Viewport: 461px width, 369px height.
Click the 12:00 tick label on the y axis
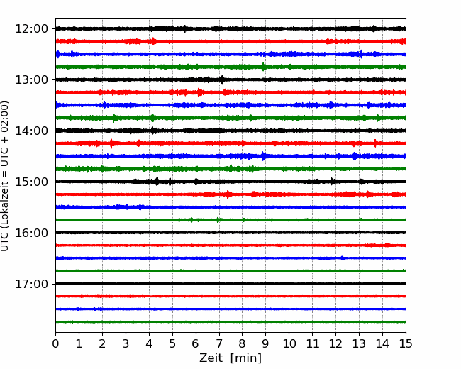[x=31, y=29]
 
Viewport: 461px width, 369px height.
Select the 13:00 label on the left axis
[x=31, y=79]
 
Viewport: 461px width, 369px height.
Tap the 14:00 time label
[x=31, y=131]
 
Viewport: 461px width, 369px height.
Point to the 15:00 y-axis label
[x=31, y=182]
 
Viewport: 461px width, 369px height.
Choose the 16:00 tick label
[x=31, y=233]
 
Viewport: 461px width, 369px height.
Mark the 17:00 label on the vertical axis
[x=31, y=284]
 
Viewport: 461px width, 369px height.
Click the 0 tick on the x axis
[x=55, y=343]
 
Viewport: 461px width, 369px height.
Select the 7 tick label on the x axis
[x=219, y=343]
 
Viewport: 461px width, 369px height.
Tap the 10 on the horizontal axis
[x=289, y=343]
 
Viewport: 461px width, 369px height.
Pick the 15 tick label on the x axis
[x=406, y=343]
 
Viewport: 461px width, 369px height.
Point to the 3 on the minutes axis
[x=126, y=343]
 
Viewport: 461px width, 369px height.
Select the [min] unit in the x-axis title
[x=246, y=358]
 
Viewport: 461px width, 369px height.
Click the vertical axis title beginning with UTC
[x=4, y=176]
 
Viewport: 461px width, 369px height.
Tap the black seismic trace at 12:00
[x=230, y=28]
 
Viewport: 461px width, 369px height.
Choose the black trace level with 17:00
[x=230, y=284]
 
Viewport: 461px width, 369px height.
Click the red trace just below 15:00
[x=230, y=194]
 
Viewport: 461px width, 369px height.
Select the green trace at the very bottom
[x=230, y=322]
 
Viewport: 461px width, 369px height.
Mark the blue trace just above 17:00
[x=230, y=258]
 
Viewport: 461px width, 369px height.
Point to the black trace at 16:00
[x=230, y=233]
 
